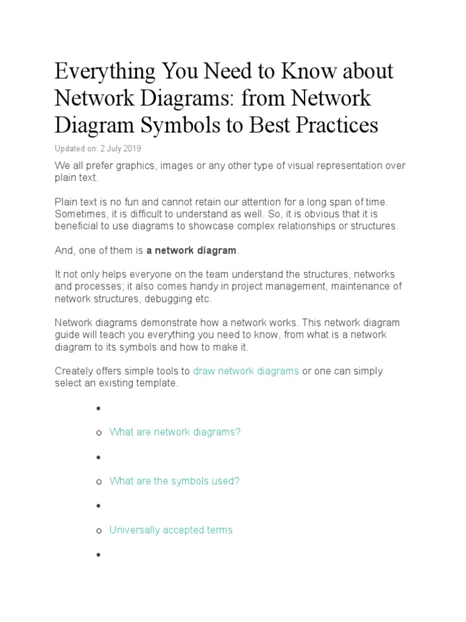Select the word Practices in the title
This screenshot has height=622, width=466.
334,126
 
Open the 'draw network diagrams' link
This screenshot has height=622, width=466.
246,371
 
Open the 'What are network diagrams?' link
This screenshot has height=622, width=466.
175,432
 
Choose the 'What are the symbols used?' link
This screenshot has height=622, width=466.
174,481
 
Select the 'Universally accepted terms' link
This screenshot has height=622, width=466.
171,530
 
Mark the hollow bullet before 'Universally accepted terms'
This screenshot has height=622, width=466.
99,531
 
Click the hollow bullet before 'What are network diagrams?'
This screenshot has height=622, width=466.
99,432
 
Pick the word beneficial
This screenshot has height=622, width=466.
76,226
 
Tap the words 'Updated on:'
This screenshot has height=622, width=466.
73,149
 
